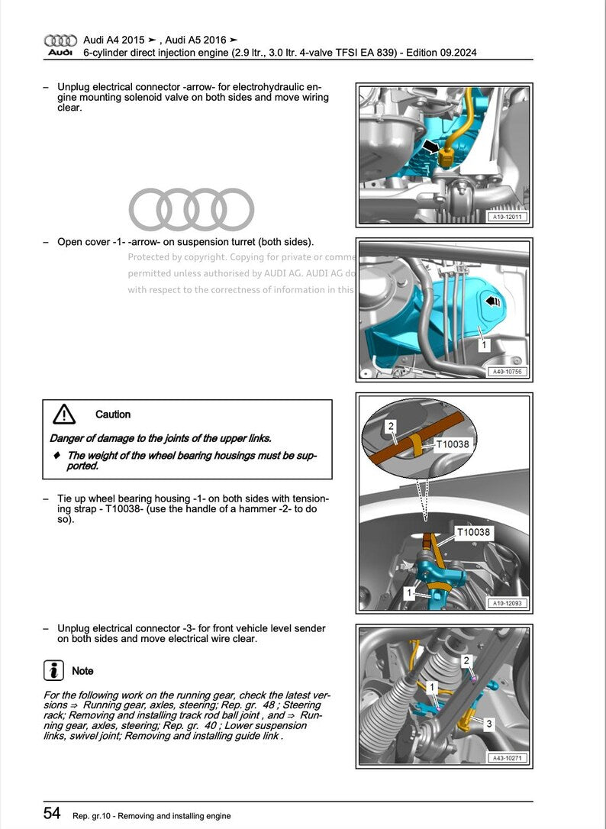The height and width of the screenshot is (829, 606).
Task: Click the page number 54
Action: (51, 814)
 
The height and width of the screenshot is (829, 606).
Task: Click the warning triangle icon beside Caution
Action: (64, 414)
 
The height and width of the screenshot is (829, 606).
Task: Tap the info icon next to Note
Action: (53, 671)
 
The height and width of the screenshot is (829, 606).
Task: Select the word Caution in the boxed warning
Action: (113, 414)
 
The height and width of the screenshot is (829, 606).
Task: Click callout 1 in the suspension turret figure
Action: (483, 346)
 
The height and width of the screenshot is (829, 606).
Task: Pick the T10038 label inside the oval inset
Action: (453, 444)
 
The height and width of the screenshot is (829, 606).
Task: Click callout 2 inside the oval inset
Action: (390, 425)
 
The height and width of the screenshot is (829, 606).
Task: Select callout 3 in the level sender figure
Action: (489, 723)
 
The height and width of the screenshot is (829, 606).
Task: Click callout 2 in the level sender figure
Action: (466, 660)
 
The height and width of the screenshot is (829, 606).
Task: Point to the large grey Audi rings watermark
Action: (191, 208)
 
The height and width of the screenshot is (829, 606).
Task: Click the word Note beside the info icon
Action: (82, 671)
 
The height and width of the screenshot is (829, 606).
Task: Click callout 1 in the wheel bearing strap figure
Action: (409, 592)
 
